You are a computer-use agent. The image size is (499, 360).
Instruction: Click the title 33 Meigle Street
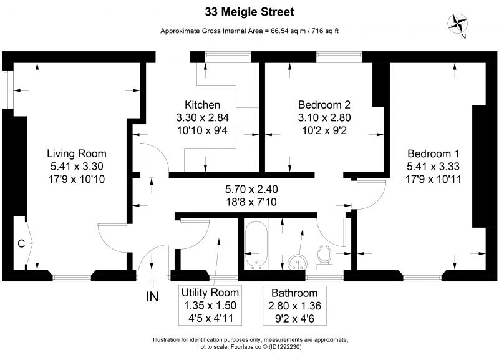click(x=249, y=12)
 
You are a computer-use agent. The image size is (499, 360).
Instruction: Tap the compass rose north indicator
click(x=457, y=24)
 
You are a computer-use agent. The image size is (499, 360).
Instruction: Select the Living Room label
click(x=77, y=153)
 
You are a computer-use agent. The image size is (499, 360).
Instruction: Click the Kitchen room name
click(x=202, y=105)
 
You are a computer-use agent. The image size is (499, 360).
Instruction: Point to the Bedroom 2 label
click(x=324, y=105)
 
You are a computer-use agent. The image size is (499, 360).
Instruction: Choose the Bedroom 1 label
click(x=434, y=153)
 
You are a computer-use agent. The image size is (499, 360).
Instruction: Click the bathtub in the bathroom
click(x=256, y=245)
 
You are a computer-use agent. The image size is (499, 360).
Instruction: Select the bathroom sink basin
click(x=298, y=262)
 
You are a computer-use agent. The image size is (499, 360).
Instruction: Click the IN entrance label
click(x=152, y=296)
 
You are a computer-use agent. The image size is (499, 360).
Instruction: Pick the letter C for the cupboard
click(x=21, y=243)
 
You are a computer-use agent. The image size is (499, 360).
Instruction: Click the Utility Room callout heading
click(x=210, y=293)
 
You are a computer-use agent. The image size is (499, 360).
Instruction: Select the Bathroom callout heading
click(x=294, y=293)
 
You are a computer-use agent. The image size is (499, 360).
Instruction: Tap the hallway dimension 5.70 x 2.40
click(x=251, y=189)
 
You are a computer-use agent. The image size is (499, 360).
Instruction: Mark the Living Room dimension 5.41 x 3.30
click(x=77, y=166)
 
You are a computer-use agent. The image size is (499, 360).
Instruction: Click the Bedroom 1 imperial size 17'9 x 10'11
click(x=434, y=179)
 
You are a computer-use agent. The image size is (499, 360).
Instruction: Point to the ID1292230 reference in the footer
click(x=285, y=347)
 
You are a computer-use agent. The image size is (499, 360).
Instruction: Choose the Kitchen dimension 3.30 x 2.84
click(x=202, y=117)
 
